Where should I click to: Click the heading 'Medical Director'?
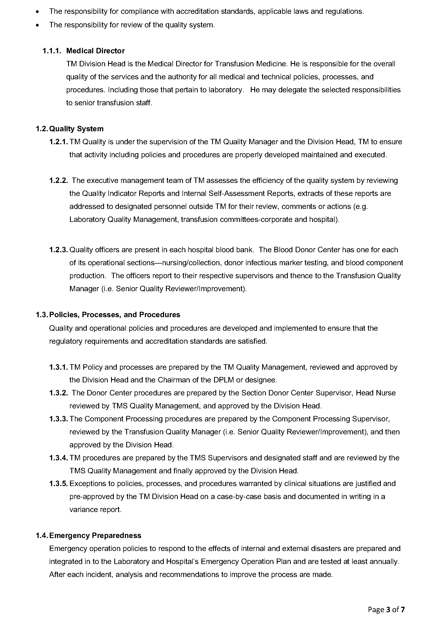[95, 51]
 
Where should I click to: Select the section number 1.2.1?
[58, 142]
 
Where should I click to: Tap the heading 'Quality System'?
[76, 129]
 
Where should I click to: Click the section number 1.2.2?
[58, 181]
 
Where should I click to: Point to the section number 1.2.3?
[58, 250]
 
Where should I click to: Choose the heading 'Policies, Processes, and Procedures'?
[115, 315]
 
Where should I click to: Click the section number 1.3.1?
[58, 367]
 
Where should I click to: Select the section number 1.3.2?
[58, 393]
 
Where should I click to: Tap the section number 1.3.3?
[58, 419]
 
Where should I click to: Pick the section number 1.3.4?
[58, 458]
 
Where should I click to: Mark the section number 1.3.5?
[58, 484]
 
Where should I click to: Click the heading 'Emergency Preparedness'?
[95, 535]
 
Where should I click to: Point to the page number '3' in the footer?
[388, 609]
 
